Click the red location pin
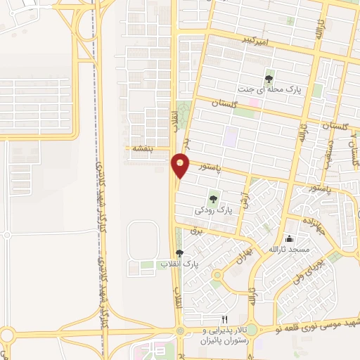(x=181, y=165)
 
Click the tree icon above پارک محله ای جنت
(x=268, y=78)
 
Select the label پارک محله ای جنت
(x=264, y=90)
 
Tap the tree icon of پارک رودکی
(x=213, y=199)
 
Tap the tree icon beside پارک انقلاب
(x=180, y=253)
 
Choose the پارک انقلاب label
(x=179, y=264)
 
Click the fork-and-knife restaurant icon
(x=225, y=319)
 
